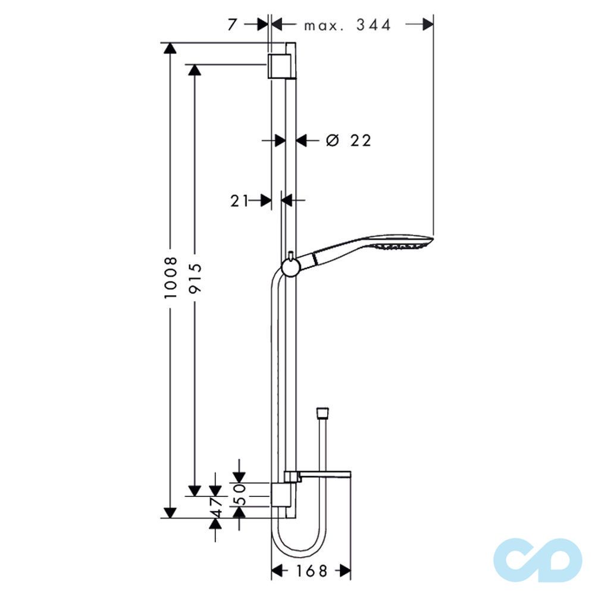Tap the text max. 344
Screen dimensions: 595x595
click(x=348, y=25)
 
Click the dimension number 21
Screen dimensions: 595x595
click(x=239, y=201)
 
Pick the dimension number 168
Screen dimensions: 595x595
click(x=311, y=572)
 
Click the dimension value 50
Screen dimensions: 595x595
click(x=240, y=495)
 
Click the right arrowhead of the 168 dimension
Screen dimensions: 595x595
click(x=343, y=572)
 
